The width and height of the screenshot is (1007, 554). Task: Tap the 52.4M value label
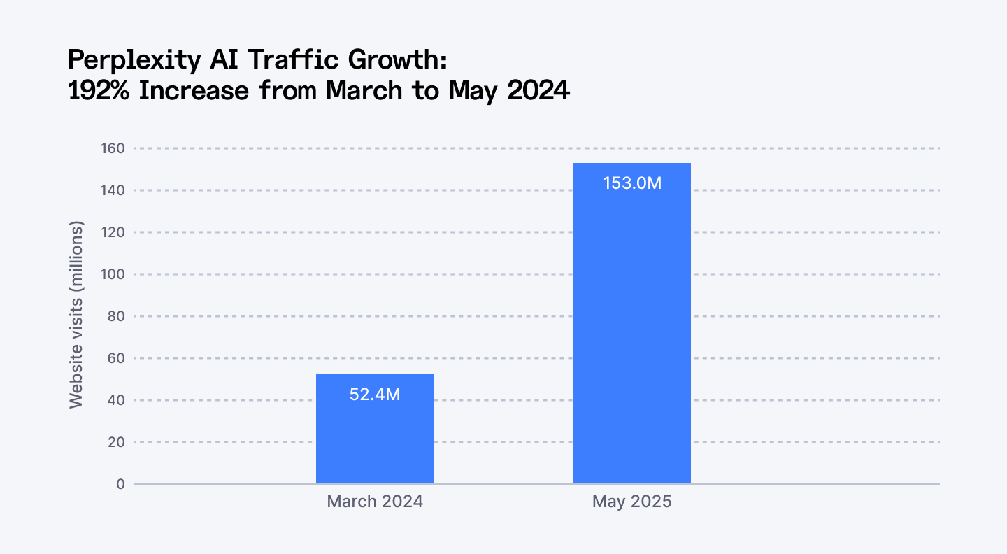tap(374, 395)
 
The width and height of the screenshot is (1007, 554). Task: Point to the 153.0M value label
tap(631, 183)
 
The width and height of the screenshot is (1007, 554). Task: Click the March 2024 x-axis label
tap(374, 502)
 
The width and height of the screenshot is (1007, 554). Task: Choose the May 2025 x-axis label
tap(631, 502)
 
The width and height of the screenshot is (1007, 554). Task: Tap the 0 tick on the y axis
tap(120, 484)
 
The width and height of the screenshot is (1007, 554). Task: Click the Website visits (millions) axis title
tap(76, 315)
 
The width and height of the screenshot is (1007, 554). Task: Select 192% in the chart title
tap(99, 92)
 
